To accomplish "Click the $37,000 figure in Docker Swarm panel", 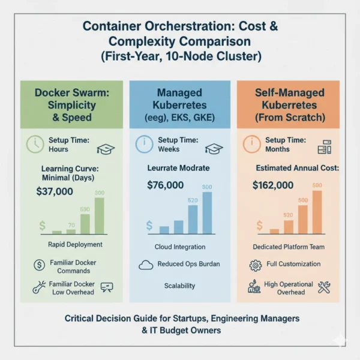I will point(55,191).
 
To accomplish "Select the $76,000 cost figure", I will point(165,185).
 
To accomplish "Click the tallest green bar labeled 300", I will point(99,215).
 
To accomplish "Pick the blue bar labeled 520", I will point(193,218).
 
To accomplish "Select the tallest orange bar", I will point(317,211).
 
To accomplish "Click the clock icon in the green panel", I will point(35,145).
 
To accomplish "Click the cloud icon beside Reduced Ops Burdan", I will point(146,264).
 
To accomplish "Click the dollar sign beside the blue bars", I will point(149,226).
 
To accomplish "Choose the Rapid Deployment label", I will point(75,244).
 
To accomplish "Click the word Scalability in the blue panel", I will point(179,286).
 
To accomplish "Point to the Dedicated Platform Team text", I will point(287,247).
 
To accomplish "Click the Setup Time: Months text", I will point(287,145).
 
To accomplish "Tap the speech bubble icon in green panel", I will point(107,287).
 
